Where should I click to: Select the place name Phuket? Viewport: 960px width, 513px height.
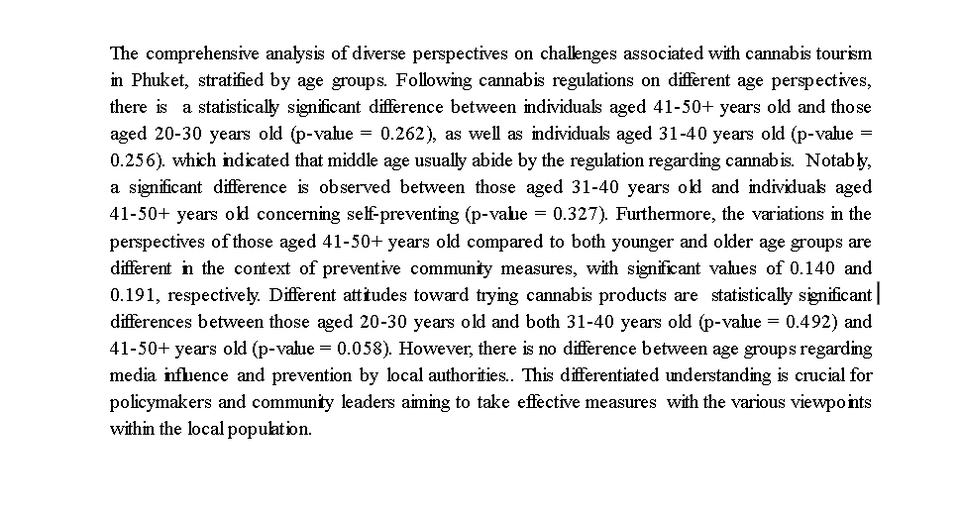tap(155, 79)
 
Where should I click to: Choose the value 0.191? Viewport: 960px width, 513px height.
tap(131, 295)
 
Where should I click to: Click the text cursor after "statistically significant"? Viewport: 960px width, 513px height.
tap(877, 295)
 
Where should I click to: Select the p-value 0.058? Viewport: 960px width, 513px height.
tap(348, 349)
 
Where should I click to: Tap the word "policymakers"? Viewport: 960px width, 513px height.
tap(155, 403)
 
